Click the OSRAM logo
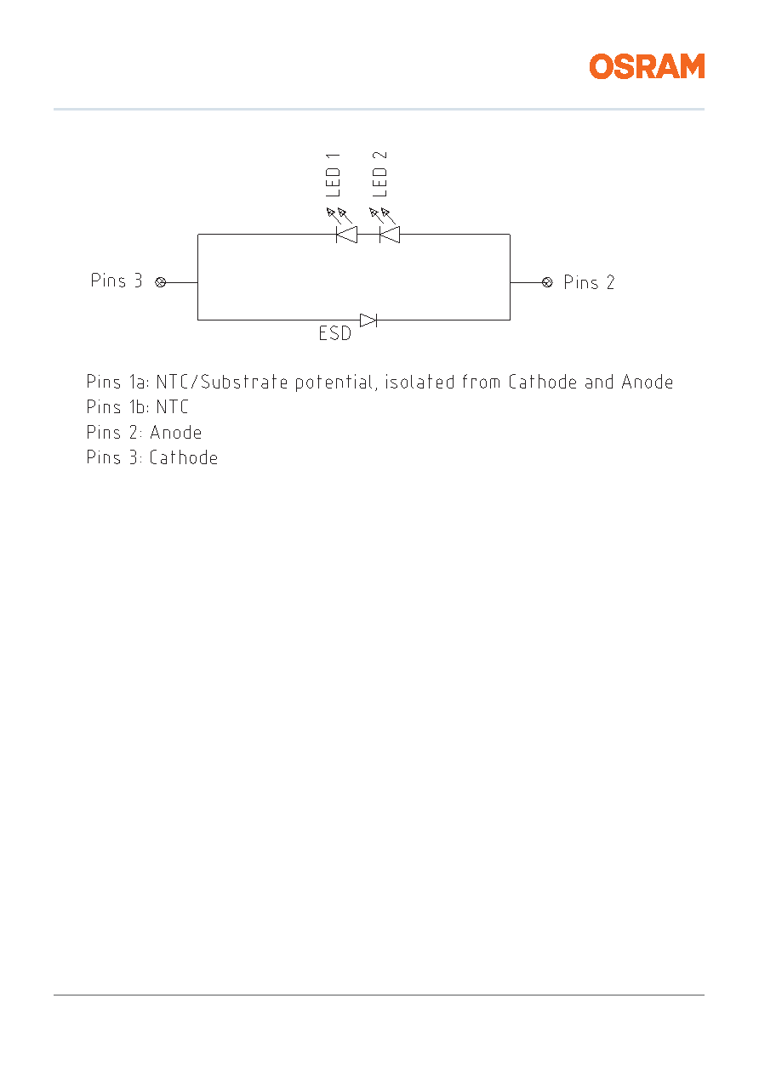(x=647, y=66)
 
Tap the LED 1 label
(x=333, y=175)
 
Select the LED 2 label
(x=379, y=174)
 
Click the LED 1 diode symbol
(x=346, y=235)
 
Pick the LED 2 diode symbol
(x=390, y=235)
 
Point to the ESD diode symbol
(x=368, y=320)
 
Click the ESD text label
(x=335, y=333)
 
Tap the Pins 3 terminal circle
(x=161, y=282)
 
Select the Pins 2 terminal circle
(x=547, y=282)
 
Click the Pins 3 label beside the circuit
(x=117, y=281)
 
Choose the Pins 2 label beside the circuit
(x=589, y=282)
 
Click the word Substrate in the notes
(x=243, y=382)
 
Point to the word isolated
(x=419, y=382)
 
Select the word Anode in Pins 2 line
(x=176, y=432)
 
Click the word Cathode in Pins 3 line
(x=184, y=457)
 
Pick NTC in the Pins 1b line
(x=173, y=407)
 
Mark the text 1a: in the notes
(x=140, y=382)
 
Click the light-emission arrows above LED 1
(x=339, y=215)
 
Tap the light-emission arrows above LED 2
(x=382, y=215)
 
